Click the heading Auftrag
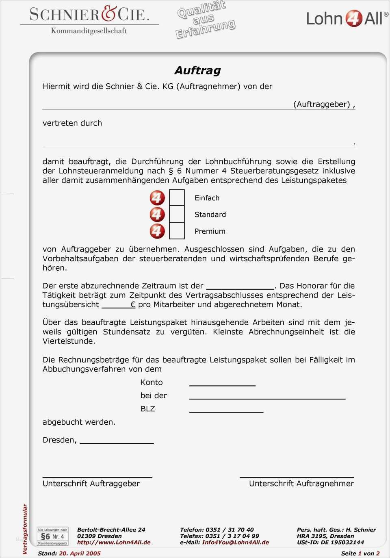[197, 70]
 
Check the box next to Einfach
[177, 198]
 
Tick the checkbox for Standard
[177, 214]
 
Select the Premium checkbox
[177, 231]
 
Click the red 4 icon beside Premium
[157, 231]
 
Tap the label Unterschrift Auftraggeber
[91, 483]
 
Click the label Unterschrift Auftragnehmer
[301, 483]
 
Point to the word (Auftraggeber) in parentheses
[322, 104]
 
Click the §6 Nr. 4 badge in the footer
[53, 536]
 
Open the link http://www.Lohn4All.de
[114, 542]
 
